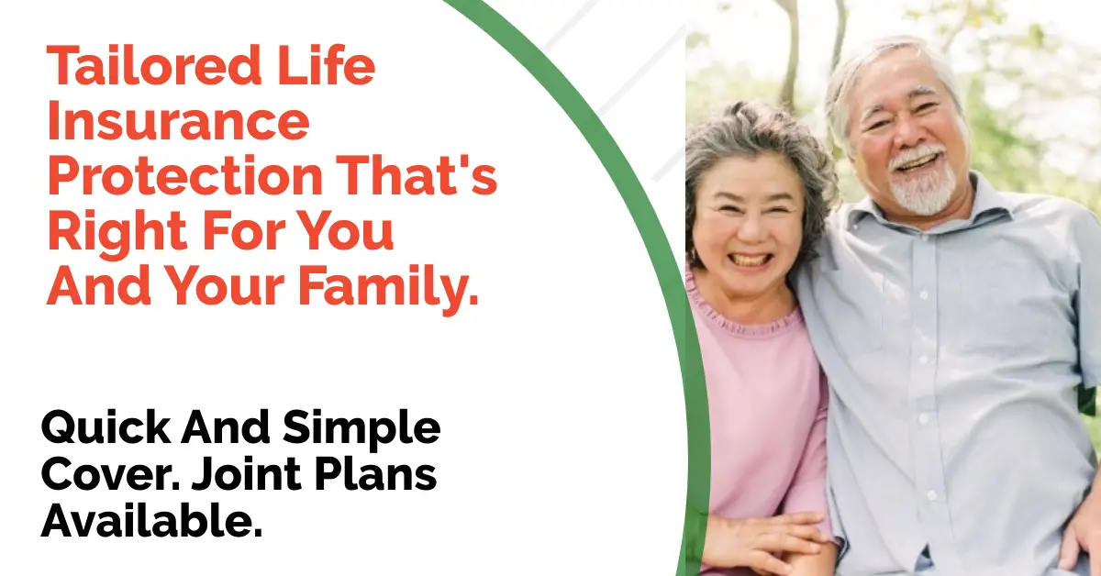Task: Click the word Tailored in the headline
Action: pos(154,65)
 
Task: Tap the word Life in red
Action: pos(327,64)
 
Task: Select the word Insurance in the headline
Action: pos(178,121)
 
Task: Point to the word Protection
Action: pos(184,176)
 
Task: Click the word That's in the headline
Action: pos(417,175)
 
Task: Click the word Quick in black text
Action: pos(106,428)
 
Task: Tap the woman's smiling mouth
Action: pos(751,260)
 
